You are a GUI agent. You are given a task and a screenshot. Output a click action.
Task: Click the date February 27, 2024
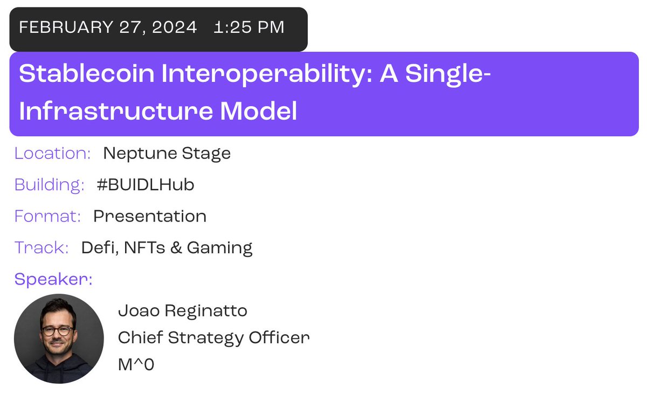coord(108,27)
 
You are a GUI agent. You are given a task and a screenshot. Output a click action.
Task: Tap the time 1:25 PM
coord(249,27)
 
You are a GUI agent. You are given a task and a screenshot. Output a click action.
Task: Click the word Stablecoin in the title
coord(87,73)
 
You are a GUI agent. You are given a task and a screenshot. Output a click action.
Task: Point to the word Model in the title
coord(258,111)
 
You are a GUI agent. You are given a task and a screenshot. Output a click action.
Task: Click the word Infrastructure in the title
coord(116,111)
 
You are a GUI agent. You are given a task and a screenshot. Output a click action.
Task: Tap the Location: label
coord(53,153)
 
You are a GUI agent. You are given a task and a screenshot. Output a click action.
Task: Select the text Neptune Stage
coord(167,154)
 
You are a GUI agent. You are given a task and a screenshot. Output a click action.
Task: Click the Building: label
coord(50,185)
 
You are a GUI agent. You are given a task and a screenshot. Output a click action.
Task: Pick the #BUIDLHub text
coord(146,184)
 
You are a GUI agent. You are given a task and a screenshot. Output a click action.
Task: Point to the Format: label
coord(47,216)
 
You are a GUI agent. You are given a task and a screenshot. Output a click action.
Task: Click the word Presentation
coord(150,216)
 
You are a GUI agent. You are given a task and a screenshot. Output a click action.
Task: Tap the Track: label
coord(42,247)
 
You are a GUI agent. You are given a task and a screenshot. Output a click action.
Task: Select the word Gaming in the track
coord(220,248)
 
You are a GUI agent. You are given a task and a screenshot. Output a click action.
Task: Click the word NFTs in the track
coord(144,247)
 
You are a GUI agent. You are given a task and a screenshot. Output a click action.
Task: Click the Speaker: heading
coord(53,279)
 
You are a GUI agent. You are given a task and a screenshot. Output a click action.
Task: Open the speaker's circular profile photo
coord(59,339)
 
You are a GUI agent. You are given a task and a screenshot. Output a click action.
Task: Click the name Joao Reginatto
coord(183,311)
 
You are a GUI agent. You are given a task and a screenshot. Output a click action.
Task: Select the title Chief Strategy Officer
coord(214,337)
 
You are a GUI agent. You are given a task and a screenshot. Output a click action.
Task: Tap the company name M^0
coord(136,364)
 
